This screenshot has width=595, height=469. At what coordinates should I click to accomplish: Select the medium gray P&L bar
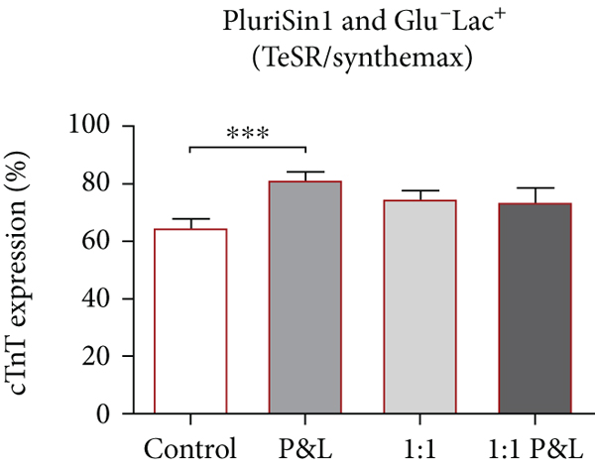(305, 296)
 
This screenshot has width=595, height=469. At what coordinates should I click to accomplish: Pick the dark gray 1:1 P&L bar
(535, 307)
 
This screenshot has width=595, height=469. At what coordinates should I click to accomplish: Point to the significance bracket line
(247, 147)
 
